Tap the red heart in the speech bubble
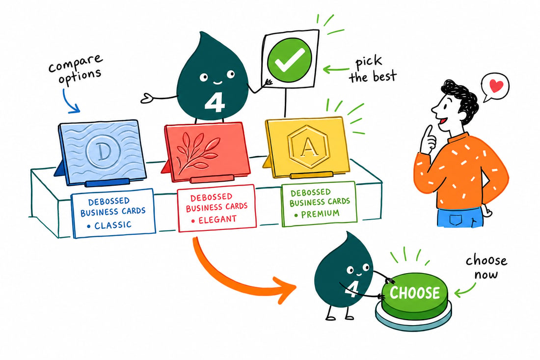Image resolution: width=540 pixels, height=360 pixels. click(496, 86)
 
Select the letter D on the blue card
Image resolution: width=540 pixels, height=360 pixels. click(102, 152)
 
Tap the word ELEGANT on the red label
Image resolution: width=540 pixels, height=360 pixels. click(217, 219)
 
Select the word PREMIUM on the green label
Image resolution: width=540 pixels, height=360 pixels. click(320, 214)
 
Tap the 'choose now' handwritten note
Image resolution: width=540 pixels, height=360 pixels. click(486, 267)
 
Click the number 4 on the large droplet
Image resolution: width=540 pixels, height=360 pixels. click(215, 102)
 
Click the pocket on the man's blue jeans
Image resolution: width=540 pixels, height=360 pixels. click(458, 220)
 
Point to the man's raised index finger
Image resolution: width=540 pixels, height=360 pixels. click(429, 135)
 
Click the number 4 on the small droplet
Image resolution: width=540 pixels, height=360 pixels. click(351, 289)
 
